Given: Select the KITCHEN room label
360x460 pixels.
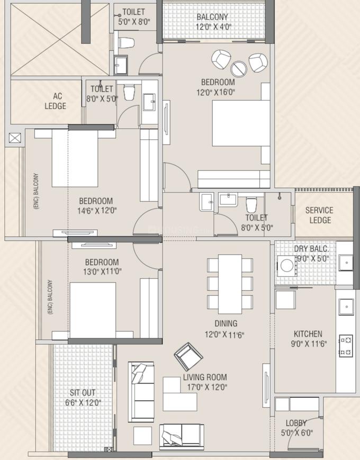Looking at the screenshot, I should tap(308, 334).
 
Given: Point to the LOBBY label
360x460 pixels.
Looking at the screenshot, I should tap(296, 423).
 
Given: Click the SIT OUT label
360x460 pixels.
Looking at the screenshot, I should tap(83, 393).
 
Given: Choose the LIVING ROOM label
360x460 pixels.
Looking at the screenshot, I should tap(205, 377).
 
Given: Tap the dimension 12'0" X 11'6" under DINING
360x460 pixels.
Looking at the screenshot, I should tap(226, 335).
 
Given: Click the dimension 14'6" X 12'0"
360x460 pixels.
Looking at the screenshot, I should tap(96, 210).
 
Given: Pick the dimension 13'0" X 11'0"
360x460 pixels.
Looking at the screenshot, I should tap(102, 272).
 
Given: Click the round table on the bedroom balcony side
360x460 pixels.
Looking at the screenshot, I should tap(238, 68).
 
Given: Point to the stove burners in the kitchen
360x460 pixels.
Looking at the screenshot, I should tap(346, 345).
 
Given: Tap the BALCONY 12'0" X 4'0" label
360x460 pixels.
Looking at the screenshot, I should tap(212, 22).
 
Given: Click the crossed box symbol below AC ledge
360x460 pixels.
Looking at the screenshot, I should tap(15, 139).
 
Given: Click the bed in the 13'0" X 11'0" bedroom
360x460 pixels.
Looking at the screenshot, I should tap(93, 310).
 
